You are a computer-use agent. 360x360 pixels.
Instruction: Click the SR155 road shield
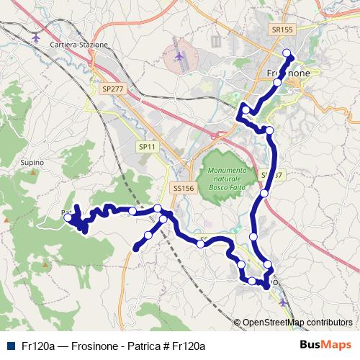pos(283,30)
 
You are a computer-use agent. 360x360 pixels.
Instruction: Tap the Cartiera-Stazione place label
pos(79,44)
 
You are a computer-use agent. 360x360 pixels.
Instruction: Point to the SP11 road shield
pos(146,146)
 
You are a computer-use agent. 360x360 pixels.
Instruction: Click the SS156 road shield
pos(184,188)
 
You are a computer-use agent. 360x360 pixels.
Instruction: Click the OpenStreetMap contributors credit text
pos(297,323)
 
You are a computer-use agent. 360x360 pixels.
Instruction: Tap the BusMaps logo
pos(326,345)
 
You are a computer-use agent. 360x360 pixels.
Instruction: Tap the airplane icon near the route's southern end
pos(283,302)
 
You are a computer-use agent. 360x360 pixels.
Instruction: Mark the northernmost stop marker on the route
pos(287,52)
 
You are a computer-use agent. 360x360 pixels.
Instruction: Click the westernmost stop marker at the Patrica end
pos(68,217)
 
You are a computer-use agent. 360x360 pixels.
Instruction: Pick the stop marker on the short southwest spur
pos(148,235)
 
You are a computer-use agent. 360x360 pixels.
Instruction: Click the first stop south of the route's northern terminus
pos(278,83)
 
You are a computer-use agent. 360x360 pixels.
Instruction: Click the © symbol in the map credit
pos(238,323)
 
